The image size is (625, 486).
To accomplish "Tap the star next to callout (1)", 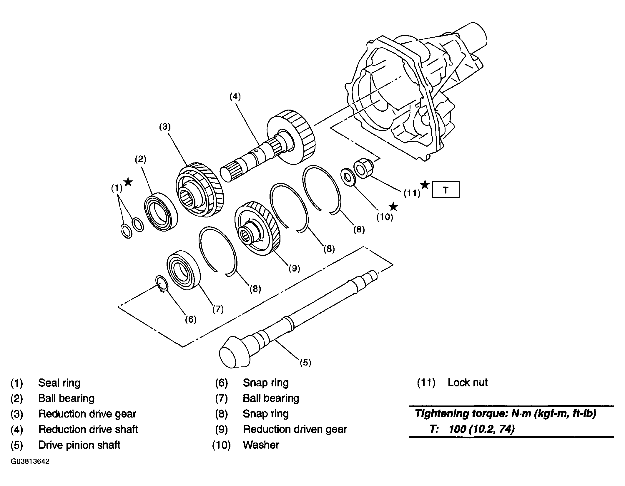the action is click(128, 182).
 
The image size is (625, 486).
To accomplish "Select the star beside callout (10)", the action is click(393, 207).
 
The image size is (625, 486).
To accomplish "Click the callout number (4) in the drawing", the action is click(235, 97).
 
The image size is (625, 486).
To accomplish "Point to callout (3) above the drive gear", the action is click(165, 127).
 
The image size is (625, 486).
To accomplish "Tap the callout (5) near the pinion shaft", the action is click(305, 363).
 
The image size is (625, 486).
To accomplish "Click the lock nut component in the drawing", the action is click(364, 168).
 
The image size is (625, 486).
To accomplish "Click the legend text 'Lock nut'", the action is click(468, 382).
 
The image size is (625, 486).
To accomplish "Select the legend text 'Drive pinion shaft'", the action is click(79, 445).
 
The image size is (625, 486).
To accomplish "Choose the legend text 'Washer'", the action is click(261, 445).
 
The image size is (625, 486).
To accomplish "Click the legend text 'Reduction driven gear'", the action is click(295, 429).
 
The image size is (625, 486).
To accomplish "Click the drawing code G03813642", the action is click(30, 461).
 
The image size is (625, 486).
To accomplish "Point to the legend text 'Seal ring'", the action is click(59, 383).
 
